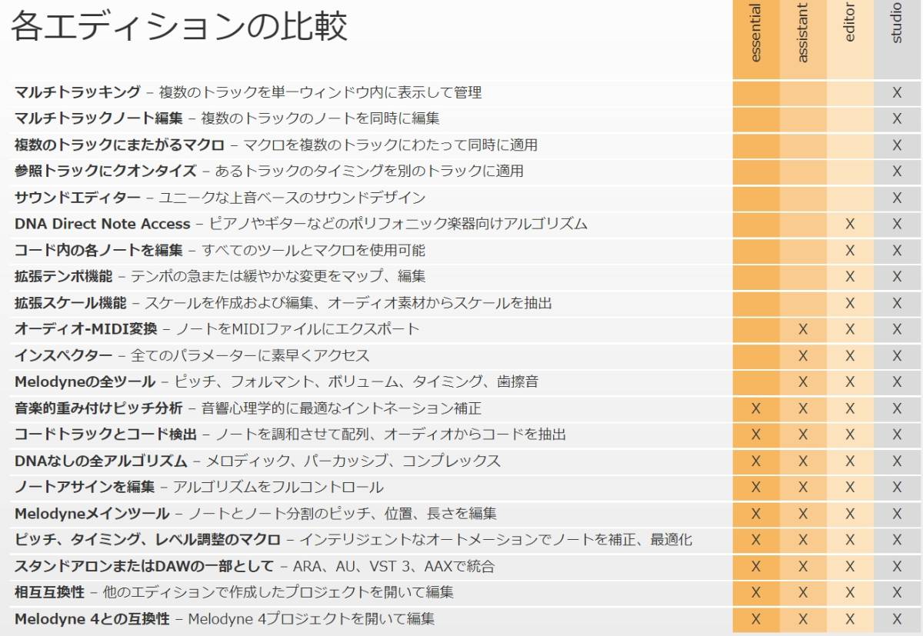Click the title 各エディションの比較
[178, 27]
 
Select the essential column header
[755, 34]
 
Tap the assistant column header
[803, 34]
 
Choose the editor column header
[850, 24]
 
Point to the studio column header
[897, 24]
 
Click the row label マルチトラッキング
[78, 92]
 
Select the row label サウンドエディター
[78, 198]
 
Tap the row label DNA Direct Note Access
[102, 224]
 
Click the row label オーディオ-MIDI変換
[85, 329]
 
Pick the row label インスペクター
[63, 355]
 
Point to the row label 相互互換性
[49, 592]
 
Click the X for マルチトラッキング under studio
[897, 92]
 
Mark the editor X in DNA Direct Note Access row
[850, 224]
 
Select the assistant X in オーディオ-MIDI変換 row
[803, 329]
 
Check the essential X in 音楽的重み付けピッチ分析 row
[755, 408]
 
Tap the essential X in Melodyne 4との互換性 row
[755, 618]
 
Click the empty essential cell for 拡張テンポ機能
[755, 276]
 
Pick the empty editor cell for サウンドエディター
[850, 198]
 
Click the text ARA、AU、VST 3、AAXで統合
[393, 567]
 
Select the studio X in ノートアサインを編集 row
[897, 487]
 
